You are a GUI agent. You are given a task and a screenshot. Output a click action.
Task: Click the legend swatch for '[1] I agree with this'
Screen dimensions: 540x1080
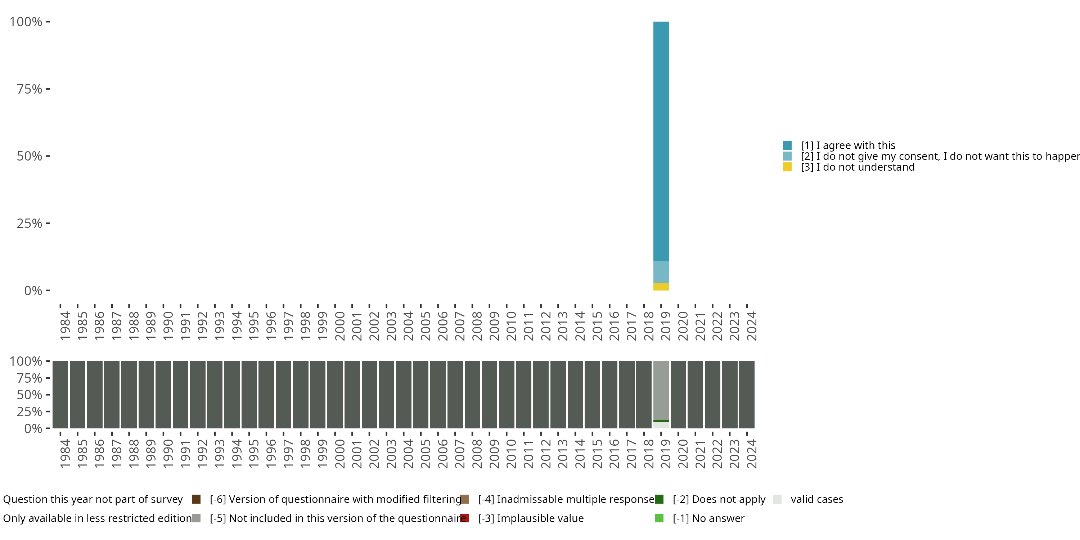787,145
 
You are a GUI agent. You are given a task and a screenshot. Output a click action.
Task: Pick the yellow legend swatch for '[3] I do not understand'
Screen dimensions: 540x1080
787,167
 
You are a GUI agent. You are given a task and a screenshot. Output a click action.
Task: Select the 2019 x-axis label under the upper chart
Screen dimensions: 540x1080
666,326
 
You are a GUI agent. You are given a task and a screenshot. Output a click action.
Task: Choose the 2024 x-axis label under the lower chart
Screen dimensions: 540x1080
752,454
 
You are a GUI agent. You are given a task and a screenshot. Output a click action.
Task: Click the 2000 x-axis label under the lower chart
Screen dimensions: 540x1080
339,454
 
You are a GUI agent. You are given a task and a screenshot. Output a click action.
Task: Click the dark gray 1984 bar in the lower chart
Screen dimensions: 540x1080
60,395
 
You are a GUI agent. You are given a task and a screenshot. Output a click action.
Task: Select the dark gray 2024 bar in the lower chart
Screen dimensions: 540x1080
747,395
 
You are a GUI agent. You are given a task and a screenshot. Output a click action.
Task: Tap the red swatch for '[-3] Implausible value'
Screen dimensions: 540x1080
464,518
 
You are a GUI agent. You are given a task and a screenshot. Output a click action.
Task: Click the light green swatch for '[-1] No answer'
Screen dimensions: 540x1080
659,518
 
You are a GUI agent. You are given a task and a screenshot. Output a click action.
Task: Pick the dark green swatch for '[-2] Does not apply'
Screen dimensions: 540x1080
659,499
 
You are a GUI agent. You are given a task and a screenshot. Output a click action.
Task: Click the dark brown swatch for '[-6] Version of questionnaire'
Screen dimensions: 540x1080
196,499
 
